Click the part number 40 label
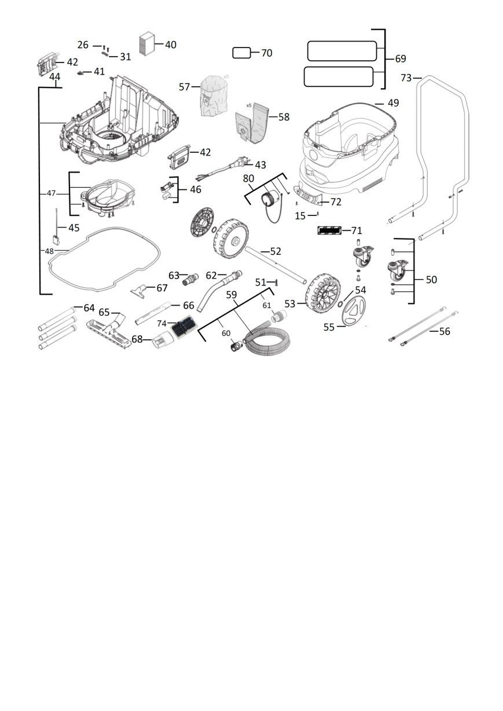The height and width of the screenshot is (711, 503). click(170, 45)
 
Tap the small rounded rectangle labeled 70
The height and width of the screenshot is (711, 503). click(241, 53)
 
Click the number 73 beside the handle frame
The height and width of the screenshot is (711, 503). click(406, 78)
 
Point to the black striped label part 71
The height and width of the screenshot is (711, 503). click(329, 230)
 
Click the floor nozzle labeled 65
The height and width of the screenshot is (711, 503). click(109, 331)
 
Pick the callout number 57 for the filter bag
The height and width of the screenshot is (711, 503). click(184, 87)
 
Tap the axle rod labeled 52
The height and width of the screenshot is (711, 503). click(276, 265)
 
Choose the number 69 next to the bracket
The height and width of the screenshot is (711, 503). click(401, 58)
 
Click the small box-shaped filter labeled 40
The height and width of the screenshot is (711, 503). click(146, 44)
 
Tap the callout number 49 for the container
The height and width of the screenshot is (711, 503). click(393, 103)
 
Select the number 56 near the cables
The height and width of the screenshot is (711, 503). click(445, 331)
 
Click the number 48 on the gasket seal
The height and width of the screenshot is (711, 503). click(49, 251)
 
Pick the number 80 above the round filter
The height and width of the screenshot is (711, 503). click(248, 179)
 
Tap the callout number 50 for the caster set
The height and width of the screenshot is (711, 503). click(431, 280)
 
